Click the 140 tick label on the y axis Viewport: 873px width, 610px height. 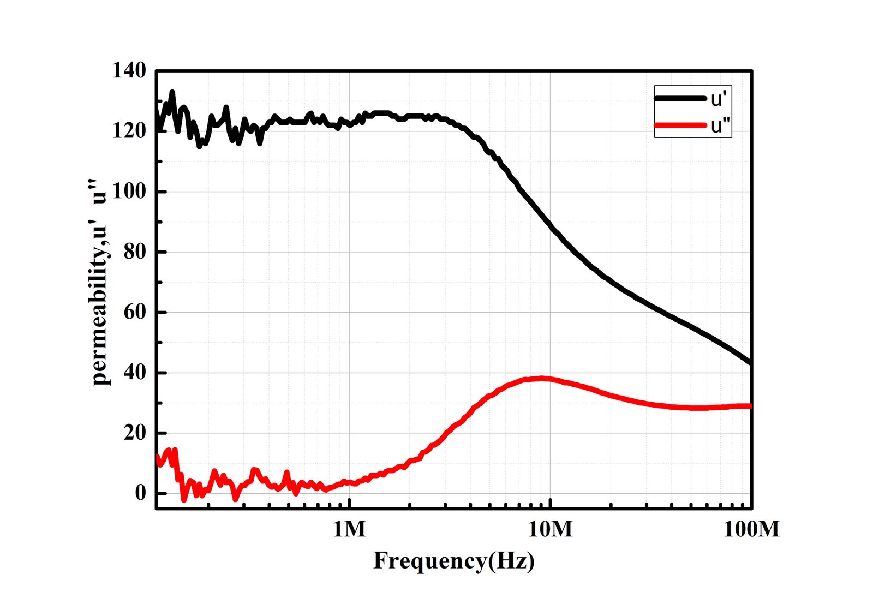point(129,70)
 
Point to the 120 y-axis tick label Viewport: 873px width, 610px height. point(129,131)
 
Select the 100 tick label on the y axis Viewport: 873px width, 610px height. point(129,192)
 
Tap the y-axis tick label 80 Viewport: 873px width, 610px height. point(135,252)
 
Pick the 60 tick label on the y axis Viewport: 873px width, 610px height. point(135,312)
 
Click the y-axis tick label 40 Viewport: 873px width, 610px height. point(135,373)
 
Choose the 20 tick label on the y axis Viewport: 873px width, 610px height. point(135,433)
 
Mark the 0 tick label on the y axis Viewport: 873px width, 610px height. point(141,493)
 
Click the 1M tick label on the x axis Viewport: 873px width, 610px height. point(349,529)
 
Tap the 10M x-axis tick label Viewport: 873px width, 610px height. point(551,529)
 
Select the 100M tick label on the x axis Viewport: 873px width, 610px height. point(751,529)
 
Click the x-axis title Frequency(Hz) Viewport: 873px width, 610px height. point(454,560)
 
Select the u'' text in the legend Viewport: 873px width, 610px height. point(720,126)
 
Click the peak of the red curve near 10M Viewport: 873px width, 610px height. point(542,378)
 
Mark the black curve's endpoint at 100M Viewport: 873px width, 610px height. point(751,363)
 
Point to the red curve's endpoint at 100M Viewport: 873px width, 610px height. point(751,406)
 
